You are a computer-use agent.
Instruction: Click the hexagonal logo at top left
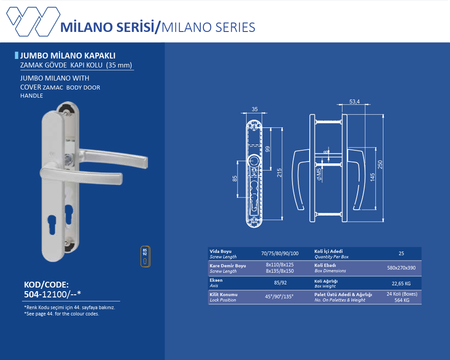(33, 22)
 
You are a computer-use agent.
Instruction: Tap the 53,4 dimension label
(355, 102)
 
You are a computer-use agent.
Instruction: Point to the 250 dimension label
(380, 165)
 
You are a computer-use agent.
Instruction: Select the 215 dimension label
(279, 172)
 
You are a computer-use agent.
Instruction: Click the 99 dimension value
(267, 149)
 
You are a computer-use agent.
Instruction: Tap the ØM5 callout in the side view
(319, 174)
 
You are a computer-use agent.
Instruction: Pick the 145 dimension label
(373, 177)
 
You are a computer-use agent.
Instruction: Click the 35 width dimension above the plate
(255, 109)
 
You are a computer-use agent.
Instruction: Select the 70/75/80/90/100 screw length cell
(280, 253)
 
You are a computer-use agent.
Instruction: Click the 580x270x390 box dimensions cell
(401, 268)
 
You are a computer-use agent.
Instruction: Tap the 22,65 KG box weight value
(401, 283)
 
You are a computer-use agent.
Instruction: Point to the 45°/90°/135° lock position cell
(279, 297)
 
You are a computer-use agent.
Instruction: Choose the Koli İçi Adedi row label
(328, 251)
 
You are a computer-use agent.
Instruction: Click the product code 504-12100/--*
(53, 294)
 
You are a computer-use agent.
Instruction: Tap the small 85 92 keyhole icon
(145, 256)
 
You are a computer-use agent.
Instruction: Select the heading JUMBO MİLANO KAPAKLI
(68, 56)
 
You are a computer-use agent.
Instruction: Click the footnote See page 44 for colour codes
(62, 314)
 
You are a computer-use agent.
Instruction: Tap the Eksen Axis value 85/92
(280, 283)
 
